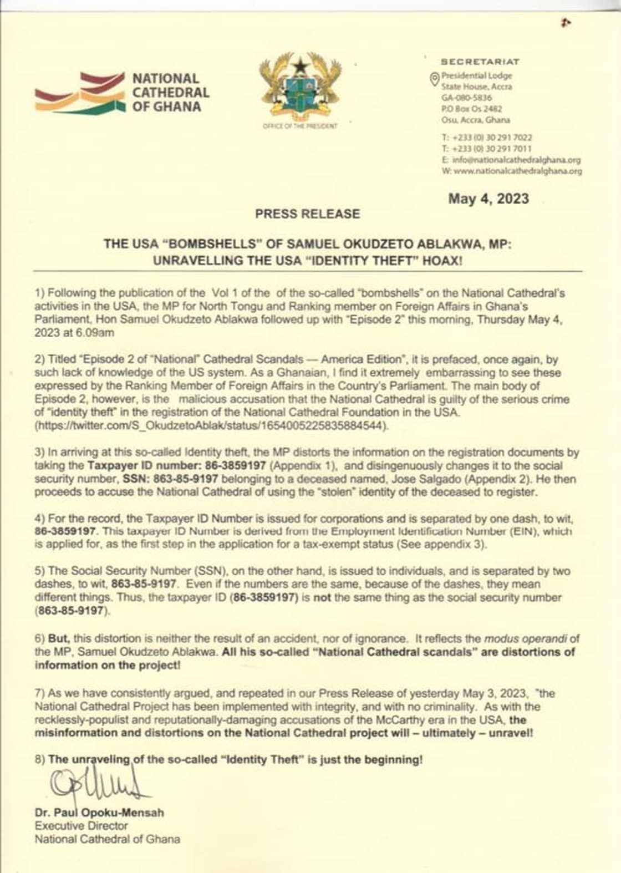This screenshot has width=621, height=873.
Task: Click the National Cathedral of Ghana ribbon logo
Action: click(80, 93)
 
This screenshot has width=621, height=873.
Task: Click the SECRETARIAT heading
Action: click(480, 62)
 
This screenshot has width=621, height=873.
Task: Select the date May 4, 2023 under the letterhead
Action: click(488, 199)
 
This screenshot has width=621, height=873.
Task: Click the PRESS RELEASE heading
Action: click(307, 214)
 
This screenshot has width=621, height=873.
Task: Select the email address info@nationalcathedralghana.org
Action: click(516, 160)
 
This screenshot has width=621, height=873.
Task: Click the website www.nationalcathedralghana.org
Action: click(517, 171)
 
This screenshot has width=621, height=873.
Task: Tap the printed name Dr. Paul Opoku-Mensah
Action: click(99, 813)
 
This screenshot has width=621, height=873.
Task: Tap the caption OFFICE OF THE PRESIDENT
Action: click(299, 126)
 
